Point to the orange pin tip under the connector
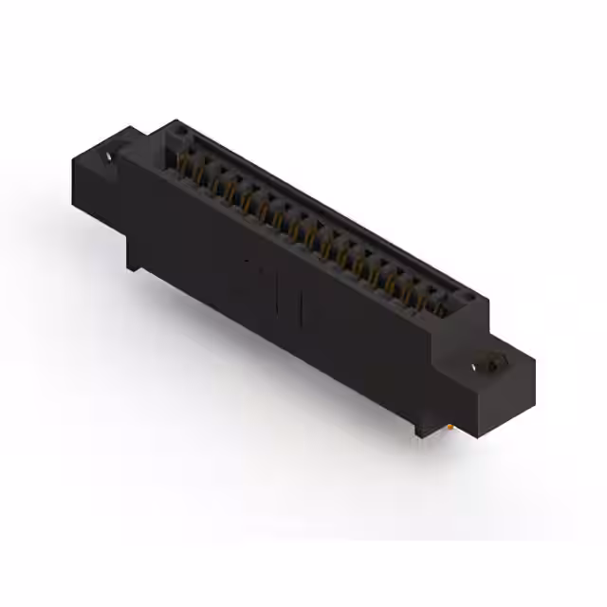(446, 429)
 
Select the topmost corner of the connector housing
(176, 120)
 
